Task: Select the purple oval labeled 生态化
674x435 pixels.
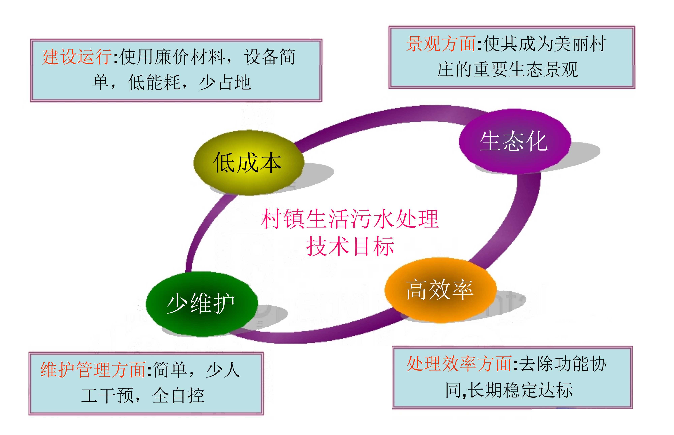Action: coord(514,141)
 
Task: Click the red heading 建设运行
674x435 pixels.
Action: coord(77,56)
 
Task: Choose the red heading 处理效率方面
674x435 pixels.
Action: coord(459,364)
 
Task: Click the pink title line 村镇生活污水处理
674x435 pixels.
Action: coord(350,219)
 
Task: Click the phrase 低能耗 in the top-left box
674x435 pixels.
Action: coord(154,83)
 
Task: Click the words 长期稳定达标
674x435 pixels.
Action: coord(520,390)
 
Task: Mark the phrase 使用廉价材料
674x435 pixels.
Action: coord(172,56)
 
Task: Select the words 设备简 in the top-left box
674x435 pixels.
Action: coord(270,56)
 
